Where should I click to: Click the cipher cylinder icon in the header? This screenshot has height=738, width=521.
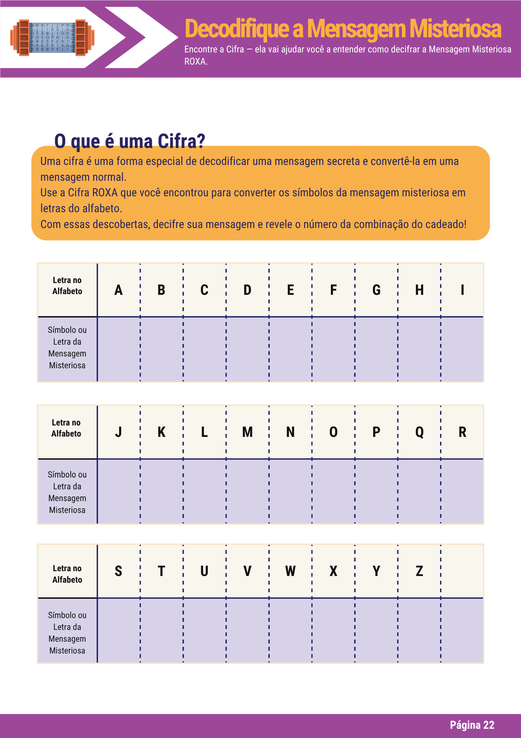tap(52, 37)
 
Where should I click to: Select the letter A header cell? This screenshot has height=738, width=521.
tap(118, 290)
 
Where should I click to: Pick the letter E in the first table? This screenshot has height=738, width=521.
tap(290, 290)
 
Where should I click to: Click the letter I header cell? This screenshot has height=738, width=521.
tap(462, 290)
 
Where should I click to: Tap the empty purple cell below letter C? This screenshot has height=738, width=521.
tap(204, 349)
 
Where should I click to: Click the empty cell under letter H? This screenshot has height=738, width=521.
tap(419, 349)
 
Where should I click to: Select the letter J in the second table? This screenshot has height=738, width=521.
tap(118, 432)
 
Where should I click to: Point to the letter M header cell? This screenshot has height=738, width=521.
tap(247, 432)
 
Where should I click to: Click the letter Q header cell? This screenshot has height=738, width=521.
tap(419, 432)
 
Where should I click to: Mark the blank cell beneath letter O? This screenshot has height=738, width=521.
tap(333, 491)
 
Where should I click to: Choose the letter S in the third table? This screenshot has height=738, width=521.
tap(118, 571)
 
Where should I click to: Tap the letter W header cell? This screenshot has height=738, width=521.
tap(290, 571)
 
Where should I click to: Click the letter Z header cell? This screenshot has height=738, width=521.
tap(419, 571)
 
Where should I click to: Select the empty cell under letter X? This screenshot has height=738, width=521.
tap(333, 630)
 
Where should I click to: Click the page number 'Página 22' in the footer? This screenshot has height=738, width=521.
tap(472, 725)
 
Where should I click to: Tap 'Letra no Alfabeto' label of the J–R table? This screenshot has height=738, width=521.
tap(66, 428)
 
